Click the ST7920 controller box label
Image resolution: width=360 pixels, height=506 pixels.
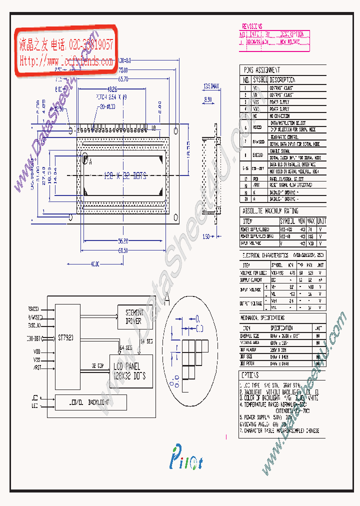[65, 338]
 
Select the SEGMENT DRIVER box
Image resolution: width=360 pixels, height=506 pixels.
[133, 317]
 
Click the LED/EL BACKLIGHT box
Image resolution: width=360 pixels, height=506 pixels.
[91, 402]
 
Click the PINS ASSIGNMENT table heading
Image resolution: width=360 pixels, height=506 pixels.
[261, 70]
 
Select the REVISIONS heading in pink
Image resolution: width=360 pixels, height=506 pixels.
[252, 26]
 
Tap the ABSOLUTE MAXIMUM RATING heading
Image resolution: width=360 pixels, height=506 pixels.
[270, 211]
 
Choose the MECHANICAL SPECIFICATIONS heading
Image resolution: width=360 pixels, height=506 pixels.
[263, 318]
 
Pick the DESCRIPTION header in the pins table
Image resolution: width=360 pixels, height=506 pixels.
[282, 79]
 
